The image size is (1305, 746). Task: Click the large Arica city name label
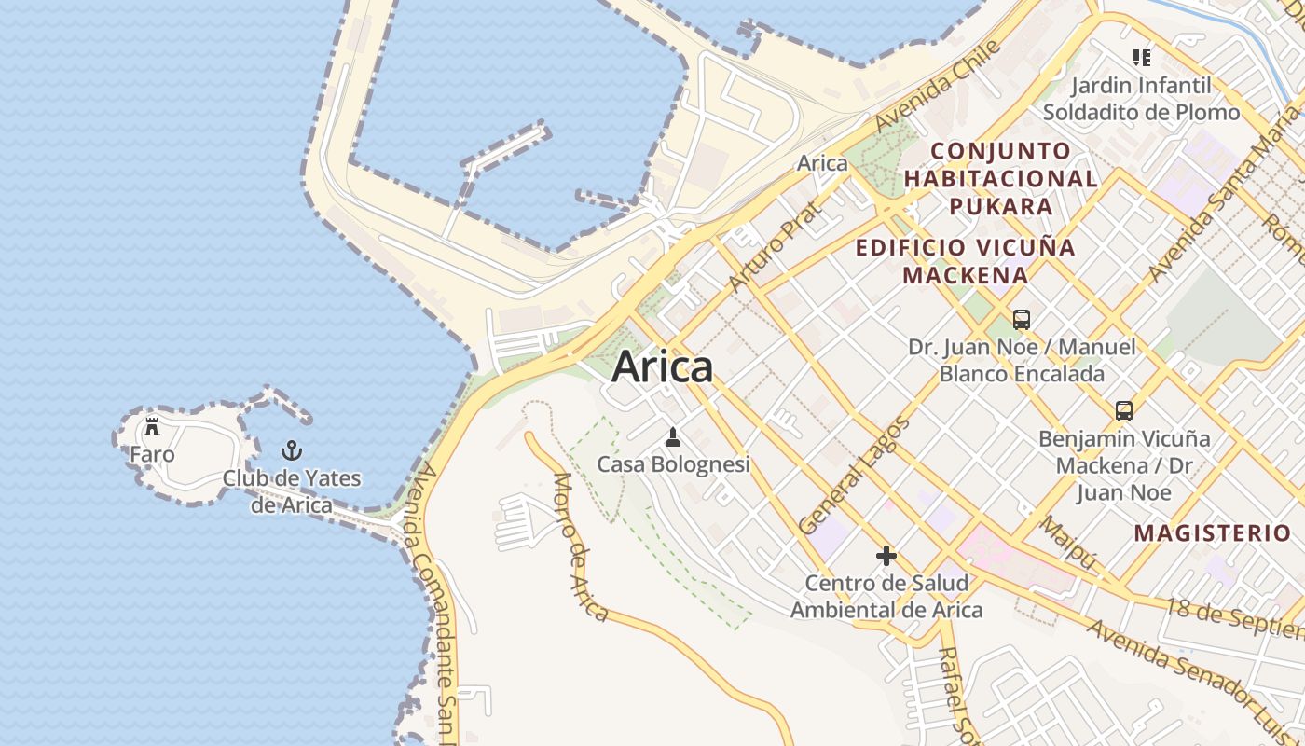pos(663,366)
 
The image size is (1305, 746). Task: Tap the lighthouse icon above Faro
pos(152,427)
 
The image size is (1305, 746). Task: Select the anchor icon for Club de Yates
pos(292,450)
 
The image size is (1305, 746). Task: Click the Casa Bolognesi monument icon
pos(673,436)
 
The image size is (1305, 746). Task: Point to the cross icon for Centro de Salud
pos(886,557)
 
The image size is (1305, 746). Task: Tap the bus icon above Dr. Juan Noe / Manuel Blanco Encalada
pos(1022,320)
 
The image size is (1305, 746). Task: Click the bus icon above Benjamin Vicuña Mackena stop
pos(1124,410)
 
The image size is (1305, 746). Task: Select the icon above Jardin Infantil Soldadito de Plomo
pos(1141,58)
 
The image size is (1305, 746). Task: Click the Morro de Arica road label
pos(580,546)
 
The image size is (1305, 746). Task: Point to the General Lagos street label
pos(853,477)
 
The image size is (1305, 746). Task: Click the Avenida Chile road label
pos(938,86)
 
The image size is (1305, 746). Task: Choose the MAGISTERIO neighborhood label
pos(1212,533)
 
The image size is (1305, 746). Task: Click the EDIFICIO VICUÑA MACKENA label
pos(966,261)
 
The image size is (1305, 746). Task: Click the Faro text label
pos(152,455)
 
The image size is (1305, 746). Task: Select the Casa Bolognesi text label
pos(673,464)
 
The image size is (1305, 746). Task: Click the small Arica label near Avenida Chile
pos(822,163)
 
